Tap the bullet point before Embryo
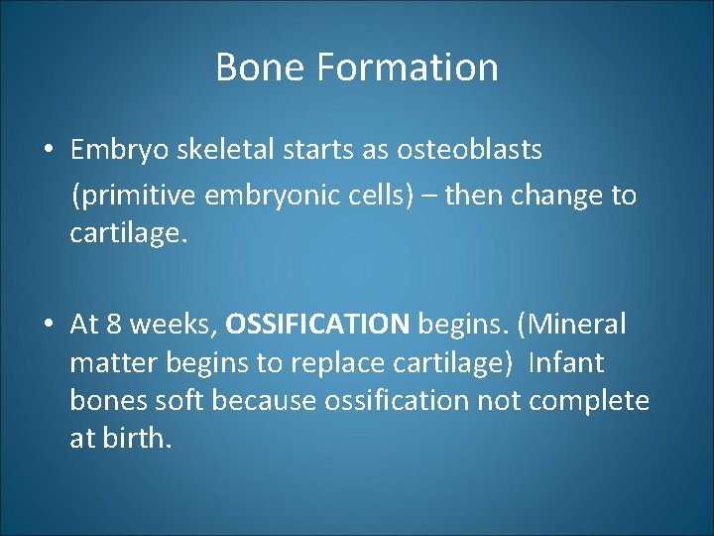coord(48,150)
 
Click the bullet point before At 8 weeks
coord(48,324)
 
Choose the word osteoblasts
coord(469,150)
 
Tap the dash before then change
coord(429,196)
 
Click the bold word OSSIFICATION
coord(317,324)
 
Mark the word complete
coord(589,400)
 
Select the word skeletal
coord(235,150)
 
